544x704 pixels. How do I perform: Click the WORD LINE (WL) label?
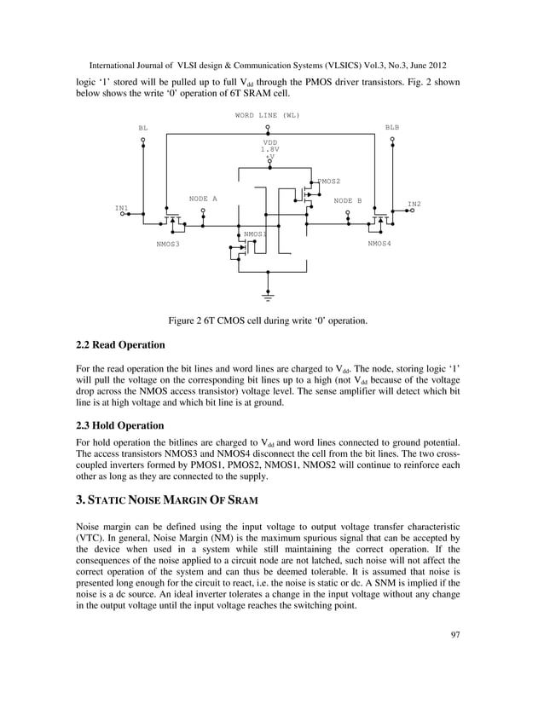pyautogui.click(x=267, y=115)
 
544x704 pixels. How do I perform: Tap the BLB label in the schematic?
pyautogui.click(x=391, y=127)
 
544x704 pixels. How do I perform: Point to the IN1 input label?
pyautogui.click(x=122, y=207)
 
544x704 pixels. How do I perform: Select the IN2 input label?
pyautogui.click(x=414, y=204)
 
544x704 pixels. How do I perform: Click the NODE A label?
pyautogui.click(x=203, y=199)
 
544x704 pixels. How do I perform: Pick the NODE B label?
pyautogui.click(x=348, y=201)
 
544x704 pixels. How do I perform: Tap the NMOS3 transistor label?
pyautogui.click(x=168, y=244)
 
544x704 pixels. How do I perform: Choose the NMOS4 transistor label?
pyautogui.click(x=379, y=244)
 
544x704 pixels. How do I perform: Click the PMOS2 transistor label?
pyautogui.click(x=329, y=182)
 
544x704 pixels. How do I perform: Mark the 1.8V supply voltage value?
pyautogui.click(x=270, y=149)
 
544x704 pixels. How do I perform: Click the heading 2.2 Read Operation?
pyautogui.click(x=116, y=346)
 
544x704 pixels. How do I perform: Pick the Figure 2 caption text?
pyautogui.click(x=269, y=320)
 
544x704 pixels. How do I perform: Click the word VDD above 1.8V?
pyautogui.click(x=270, y=141)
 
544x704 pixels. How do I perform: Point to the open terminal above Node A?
pyautogui.click(x=203, y=213)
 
